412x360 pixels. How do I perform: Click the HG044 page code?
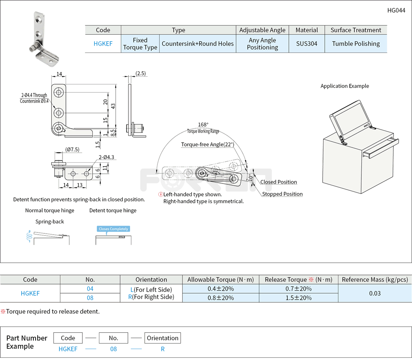(396, 11)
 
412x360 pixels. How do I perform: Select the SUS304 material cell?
(307, 44)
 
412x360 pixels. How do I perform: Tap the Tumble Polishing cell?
(356, 44)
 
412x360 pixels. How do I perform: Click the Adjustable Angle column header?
(262, 30)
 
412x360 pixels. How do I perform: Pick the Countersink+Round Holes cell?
(198, 44)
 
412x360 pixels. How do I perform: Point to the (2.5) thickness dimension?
(141, 73)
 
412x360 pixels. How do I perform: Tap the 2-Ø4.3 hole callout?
(106, 157)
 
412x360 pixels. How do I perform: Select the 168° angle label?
(203, 124)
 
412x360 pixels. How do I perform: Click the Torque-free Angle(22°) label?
(207, 144)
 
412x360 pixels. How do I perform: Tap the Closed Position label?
(278, 182)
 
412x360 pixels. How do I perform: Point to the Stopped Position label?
(282, 194)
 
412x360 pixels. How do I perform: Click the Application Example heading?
(345, 86)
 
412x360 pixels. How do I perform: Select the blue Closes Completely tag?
(113, 229)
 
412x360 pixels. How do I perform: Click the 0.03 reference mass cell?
(375, 293)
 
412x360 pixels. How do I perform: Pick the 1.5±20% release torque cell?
(298, 298)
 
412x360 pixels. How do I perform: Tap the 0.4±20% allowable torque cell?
(220, 289)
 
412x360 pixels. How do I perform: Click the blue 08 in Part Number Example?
(113, 349)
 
